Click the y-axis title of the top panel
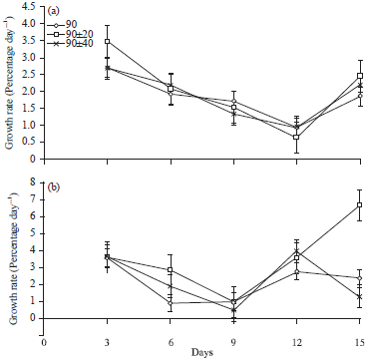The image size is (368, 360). [9, 85]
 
